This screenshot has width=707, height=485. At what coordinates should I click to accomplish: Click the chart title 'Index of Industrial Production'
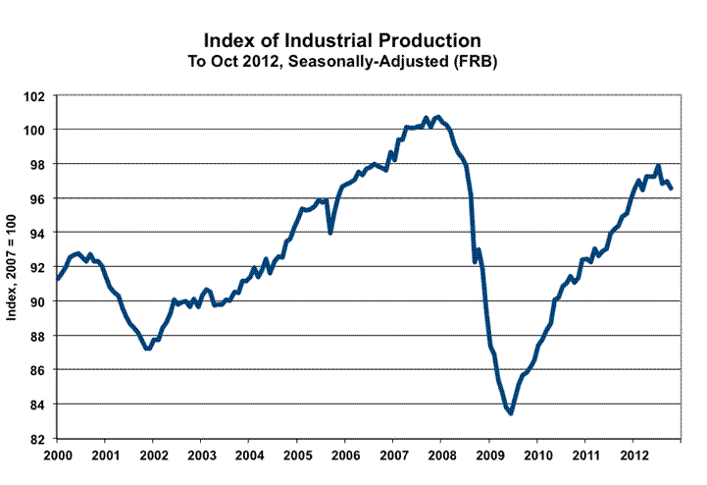click(341, 41)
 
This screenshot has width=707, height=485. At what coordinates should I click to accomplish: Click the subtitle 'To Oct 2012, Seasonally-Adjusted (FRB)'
click(341, 61)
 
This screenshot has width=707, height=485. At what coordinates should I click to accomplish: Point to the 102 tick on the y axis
click(39, 95)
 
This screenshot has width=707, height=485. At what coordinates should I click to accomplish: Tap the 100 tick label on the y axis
click(39, 130)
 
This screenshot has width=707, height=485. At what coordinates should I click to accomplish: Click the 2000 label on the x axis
click(57, 457)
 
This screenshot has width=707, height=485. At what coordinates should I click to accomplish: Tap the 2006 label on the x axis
click(345, 457)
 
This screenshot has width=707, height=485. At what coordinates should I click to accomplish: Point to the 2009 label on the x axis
click(489, 457)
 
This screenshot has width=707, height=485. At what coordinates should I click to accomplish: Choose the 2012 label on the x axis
click(632, 457)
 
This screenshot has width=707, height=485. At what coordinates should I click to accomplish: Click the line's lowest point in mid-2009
click(511, 413)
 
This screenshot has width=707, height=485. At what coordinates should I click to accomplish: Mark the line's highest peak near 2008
click(437, 117)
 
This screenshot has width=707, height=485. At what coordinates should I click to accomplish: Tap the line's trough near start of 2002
click(147, 349)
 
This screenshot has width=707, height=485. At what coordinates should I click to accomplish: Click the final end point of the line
click(671, 189)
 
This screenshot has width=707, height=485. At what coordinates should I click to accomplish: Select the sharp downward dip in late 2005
click(330, 232)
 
